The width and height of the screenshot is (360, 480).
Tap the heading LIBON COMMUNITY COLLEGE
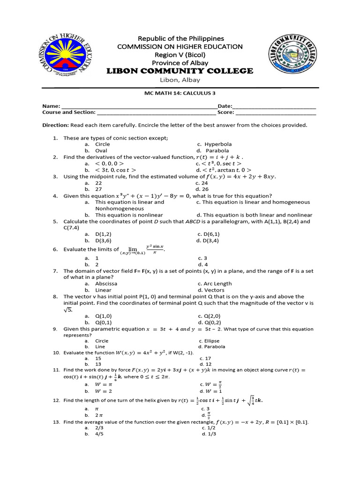coord(180,71)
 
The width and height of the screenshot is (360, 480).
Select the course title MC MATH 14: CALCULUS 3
coord(180,93)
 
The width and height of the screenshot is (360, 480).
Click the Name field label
coord(51,106)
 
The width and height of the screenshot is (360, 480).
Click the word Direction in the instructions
coord(55,125)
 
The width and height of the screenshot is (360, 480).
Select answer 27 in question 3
coord(98,189)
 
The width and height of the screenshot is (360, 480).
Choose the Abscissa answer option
coord(106,284)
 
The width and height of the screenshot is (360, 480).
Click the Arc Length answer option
coord(218,284)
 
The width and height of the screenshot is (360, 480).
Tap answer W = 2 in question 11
coord(104,391)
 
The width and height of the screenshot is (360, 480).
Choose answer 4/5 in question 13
coord(99,434)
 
